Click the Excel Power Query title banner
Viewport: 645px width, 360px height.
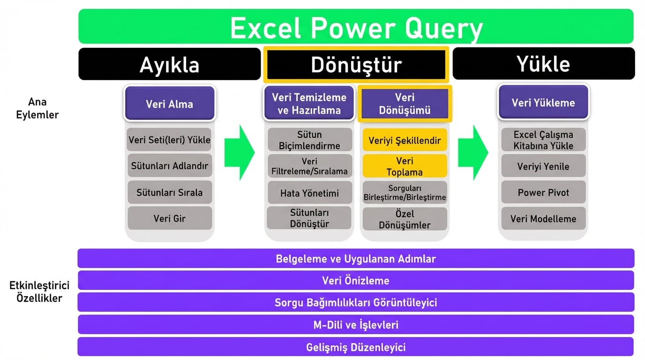click(356, 27)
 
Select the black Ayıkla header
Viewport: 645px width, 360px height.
click(169, 64)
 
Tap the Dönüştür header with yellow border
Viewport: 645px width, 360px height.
click(356, 64)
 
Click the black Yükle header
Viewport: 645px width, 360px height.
click(543, 63)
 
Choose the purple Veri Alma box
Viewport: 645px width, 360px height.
click(169, 104)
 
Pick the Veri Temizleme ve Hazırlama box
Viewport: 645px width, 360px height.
click(309, 104)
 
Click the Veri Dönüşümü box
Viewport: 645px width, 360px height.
click(405, 104)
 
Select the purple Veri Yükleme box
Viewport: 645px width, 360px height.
click(543, 103)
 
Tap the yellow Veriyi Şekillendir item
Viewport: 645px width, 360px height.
click(405, 140)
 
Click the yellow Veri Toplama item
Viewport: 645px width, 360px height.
click(405, 166)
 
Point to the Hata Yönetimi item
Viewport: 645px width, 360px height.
click(309, 193)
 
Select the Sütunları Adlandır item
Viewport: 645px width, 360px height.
click(169, 166)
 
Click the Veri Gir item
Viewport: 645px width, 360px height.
click(169, 218)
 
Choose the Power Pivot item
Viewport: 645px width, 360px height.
click(543, 192)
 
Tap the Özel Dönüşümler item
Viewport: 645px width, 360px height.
click(405, 219)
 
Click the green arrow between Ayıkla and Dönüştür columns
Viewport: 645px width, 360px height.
click(239, 152)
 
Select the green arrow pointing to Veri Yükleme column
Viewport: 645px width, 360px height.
click(472, 152)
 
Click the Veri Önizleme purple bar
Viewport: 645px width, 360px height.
click(356, 280)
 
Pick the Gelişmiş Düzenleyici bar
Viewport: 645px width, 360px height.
click(356, 347)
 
